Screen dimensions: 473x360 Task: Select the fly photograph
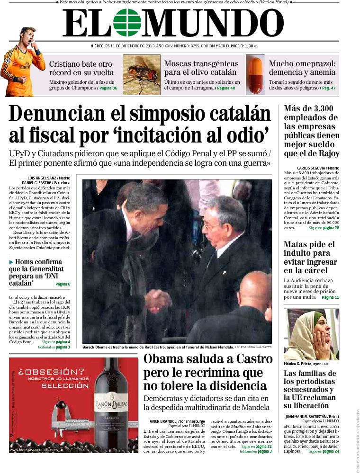tap(142, 75)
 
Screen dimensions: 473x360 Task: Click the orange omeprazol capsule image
tap(255, 75)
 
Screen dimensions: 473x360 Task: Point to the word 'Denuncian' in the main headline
tap(65, 114)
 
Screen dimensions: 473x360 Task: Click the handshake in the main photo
tap(158, 300)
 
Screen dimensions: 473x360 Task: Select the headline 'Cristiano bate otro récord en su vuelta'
tap(81, 68)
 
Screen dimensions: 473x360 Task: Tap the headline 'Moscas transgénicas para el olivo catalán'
tap(201, 68)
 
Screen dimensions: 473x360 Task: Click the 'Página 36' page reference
tap(108, 88)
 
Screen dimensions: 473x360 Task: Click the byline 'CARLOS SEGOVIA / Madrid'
tap(318, 168)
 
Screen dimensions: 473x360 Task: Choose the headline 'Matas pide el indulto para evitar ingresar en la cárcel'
tap(309, 257)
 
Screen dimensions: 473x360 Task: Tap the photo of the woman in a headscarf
tap(311, 334)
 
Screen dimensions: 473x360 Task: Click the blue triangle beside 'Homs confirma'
tap(11, 262)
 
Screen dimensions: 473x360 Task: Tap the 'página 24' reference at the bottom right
tap(330, 451)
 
